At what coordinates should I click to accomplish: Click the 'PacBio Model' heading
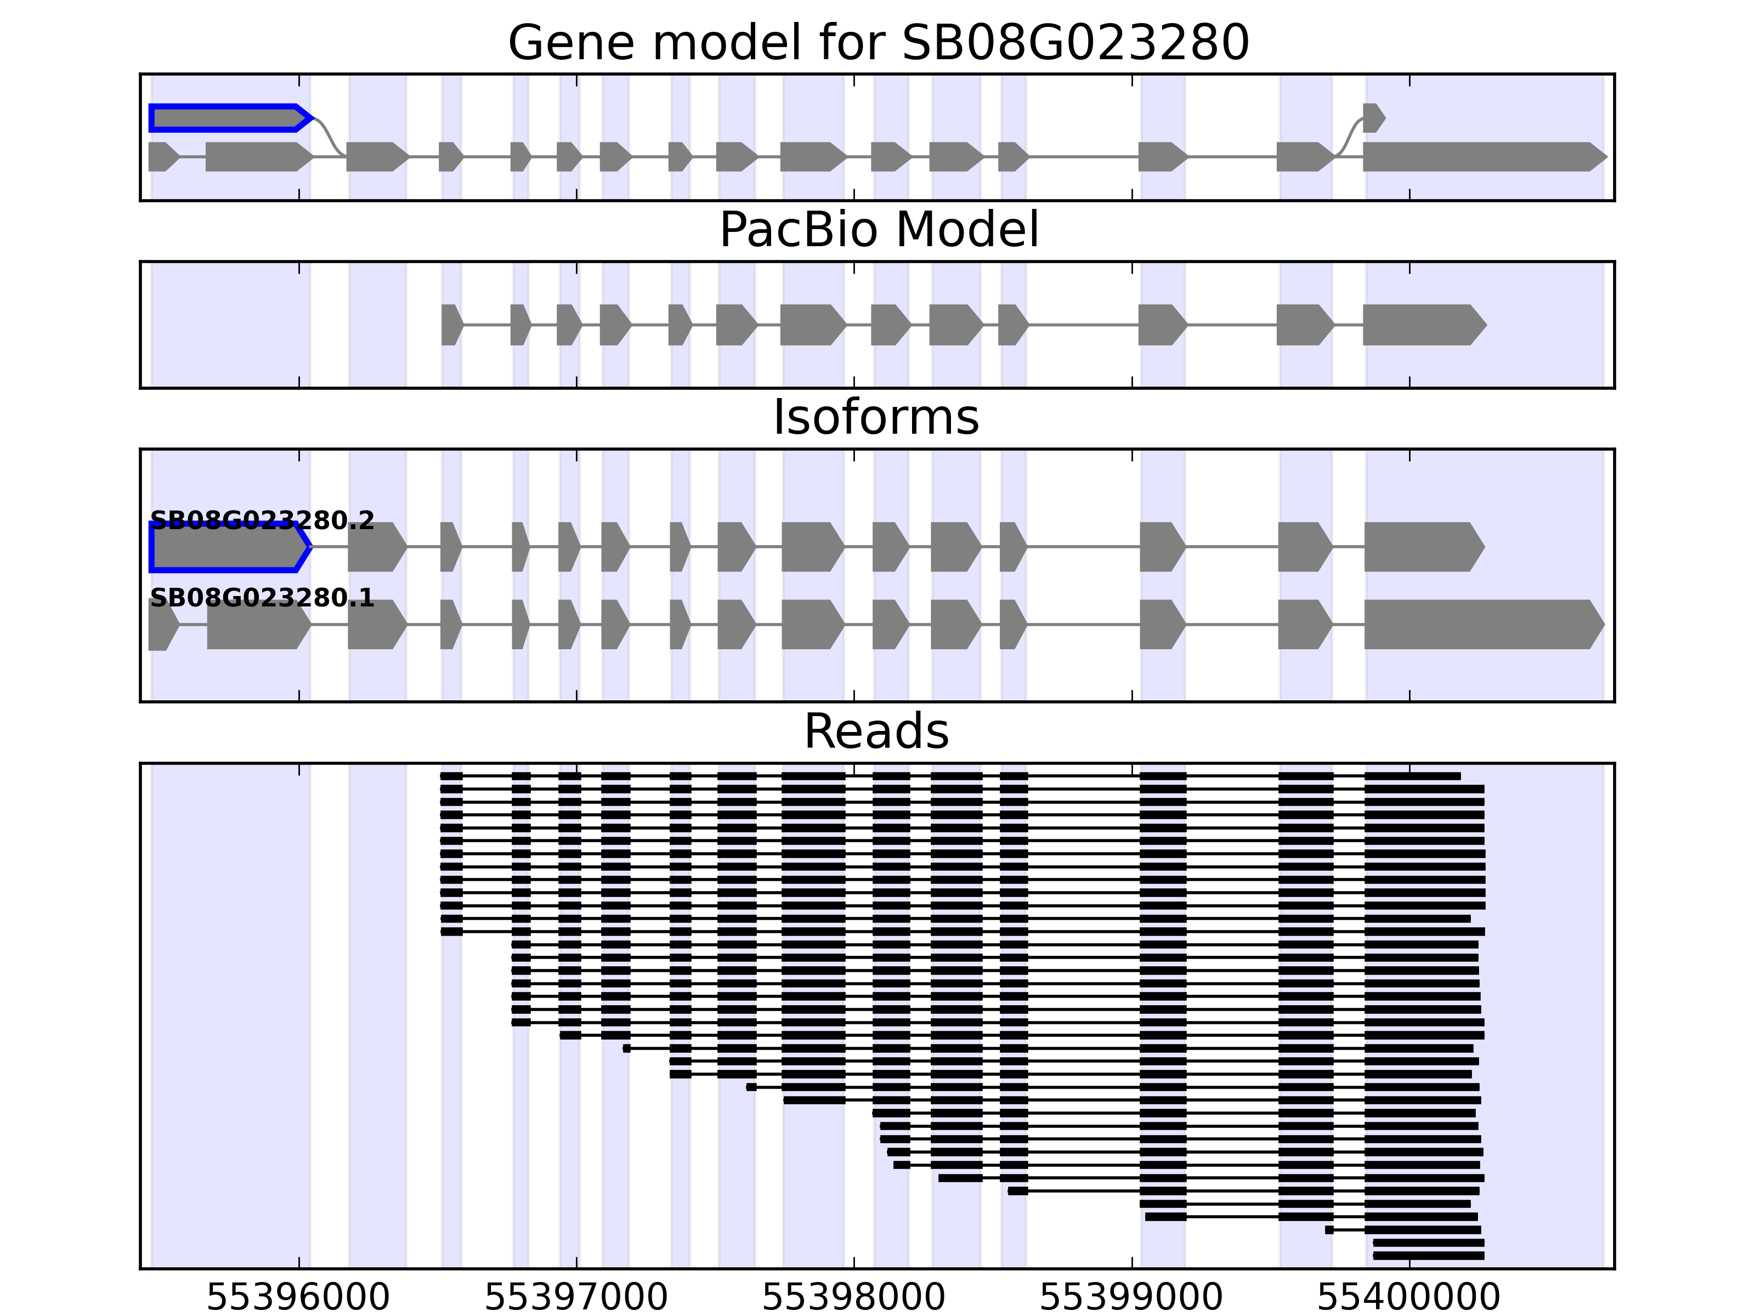coord(877,230)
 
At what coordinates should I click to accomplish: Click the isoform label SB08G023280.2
coord(262,520)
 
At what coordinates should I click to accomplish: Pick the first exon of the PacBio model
coord(451,325)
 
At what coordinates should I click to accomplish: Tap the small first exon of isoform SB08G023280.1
coord(162,625)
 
